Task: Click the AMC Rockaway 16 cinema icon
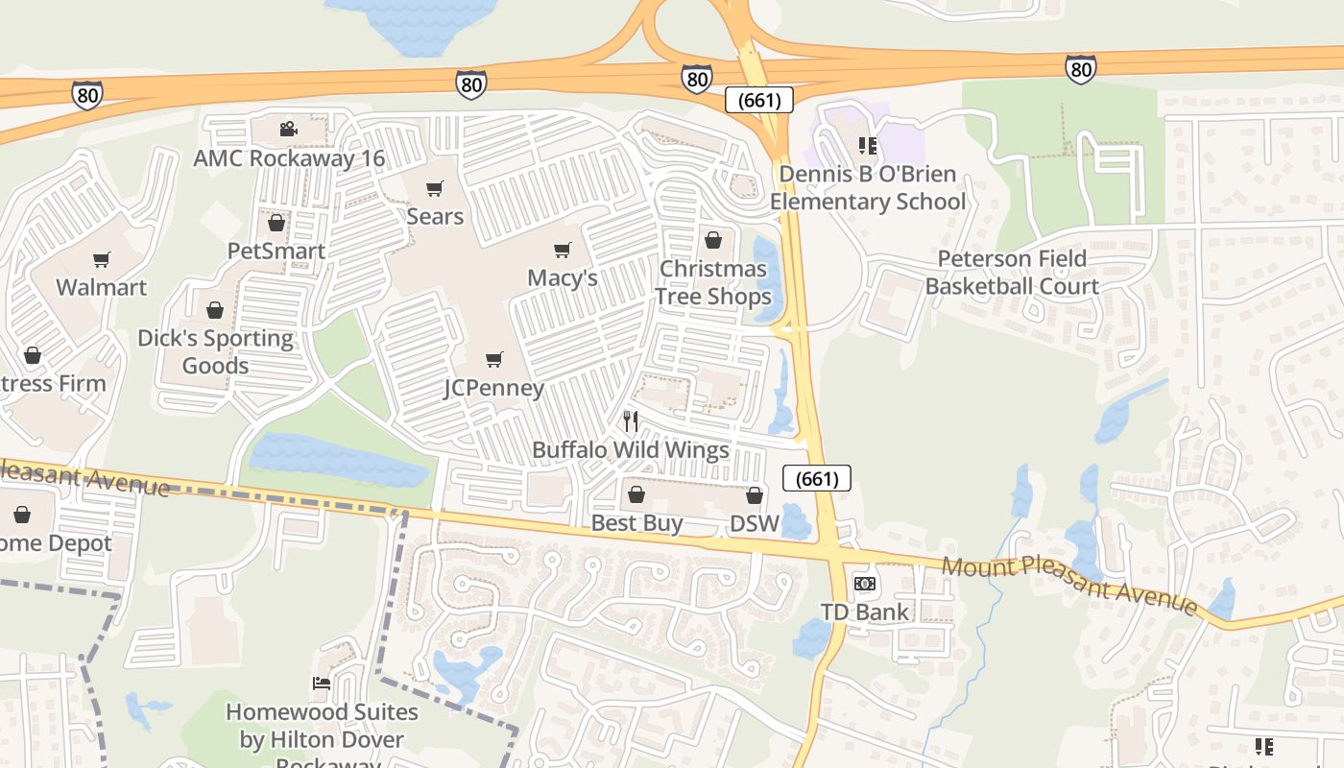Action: coord(288,130)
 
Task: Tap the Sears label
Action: coord(435,217)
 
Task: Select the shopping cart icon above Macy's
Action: coord(563,251)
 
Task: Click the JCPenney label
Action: coord(493,389)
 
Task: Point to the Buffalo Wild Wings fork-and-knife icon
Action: coord(631,421)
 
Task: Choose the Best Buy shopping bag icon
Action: coord(636,495)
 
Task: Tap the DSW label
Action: coord(754,523)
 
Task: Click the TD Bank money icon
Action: coord(865,584)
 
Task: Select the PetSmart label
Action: coord(276,252)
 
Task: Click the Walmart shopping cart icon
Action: coord(102,259)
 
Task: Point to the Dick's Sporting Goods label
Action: coord(215,351)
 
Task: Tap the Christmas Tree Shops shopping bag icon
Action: coord(713,240)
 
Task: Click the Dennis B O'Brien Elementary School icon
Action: coord(868,146)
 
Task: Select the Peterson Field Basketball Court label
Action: coord(1012,273)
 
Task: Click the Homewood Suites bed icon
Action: coord(322,684)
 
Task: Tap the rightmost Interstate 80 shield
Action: coord(1080,69)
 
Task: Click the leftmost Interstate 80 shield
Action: coord(86,94)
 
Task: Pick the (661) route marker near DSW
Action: coord(817,478)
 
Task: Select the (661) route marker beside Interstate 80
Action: coord(759,100)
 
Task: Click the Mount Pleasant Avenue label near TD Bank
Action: coord(1069,584)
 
